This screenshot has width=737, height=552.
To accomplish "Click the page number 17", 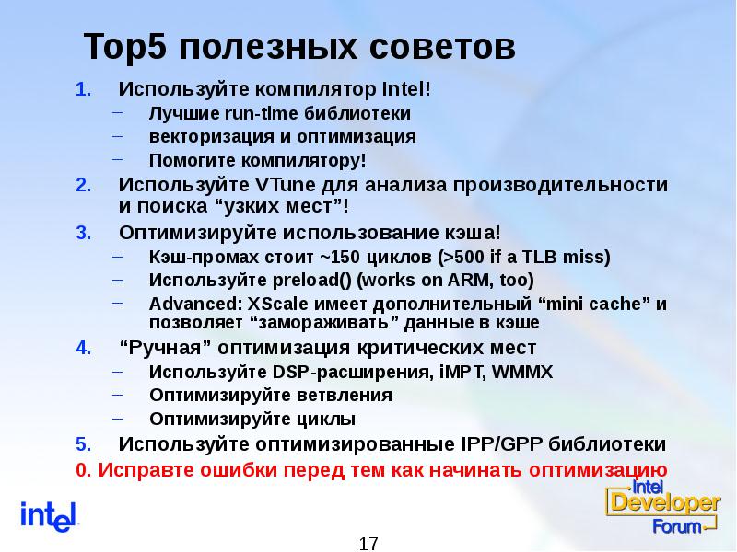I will [x=368, y=543].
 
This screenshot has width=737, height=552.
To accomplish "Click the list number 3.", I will [x=82, y=231].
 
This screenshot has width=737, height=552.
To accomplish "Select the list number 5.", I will [x=82, y=444].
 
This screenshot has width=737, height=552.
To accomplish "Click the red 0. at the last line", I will [x=83, y=469].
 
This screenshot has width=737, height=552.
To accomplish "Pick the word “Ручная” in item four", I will [x=158, y=348].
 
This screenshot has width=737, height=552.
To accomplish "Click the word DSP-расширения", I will [x=319, y=372].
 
